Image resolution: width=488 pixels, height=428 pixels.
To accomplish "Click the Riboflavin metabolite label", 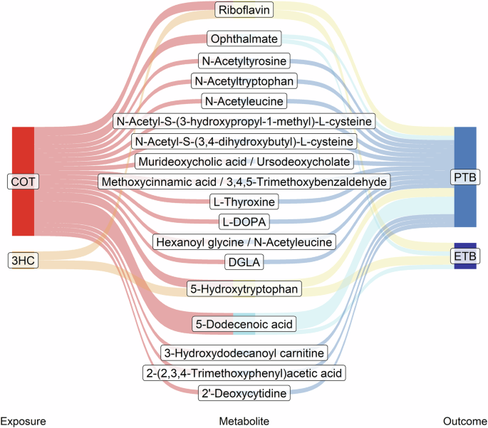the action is (244, 10).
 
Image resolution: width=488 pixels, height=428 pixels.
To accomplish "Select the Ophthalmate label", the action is (244, 38).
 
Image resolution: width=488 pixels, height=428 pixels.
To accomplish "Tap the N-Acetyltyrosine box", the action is (244, 61).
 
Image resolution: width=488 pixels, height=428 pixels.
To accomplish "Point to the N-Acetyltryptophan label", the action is (244, 81).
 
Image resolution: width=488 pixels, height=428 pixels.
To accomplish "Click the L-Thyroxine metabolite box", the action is (244, 202).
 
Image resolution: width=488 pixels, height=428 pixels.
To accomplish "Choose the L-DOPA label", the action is (244, 221).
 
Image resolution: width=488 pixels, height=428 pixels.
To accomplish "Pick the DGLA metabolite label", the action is (244, 262).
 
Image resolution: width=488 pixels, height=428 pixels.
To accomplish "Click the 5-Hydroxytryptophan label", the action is (244, 288).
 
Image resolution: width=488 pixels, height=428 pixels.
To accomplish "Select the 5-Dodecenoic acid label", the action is (244, 324).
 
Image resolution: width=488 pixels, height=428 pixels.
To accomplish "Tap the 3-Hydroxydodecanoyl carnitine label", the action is (244, 353).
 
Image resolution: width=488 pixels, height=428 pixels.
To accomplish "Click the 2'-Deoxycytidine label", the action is (244, 393).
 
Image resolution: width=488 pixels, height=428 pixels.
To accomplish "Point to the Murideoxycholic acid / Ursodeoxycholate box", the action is (244, 162).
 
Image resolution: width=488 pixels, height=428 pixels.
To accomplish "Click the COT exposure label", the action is (23, 182).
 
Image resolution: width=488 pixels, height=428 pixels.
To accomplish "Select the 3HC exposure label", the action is (23, 260).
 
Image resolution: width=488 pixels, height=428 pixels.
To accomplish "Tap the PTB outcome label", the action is (465, 177).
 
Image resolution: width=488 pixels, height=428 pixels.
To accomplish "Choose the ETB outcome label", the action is (465, 256).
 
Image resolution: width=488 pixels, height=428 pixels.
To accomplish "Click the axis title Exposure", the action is (23, 421).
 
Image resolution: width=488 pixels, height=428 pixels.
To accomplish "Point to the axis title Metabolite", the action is (244, 421).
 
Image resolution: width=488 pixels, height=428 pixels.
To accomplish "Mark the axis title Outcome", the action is (465, 421).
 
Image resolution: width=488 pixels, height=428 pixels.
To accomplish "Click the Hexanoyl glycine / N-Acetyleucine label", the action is (244, 242).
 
